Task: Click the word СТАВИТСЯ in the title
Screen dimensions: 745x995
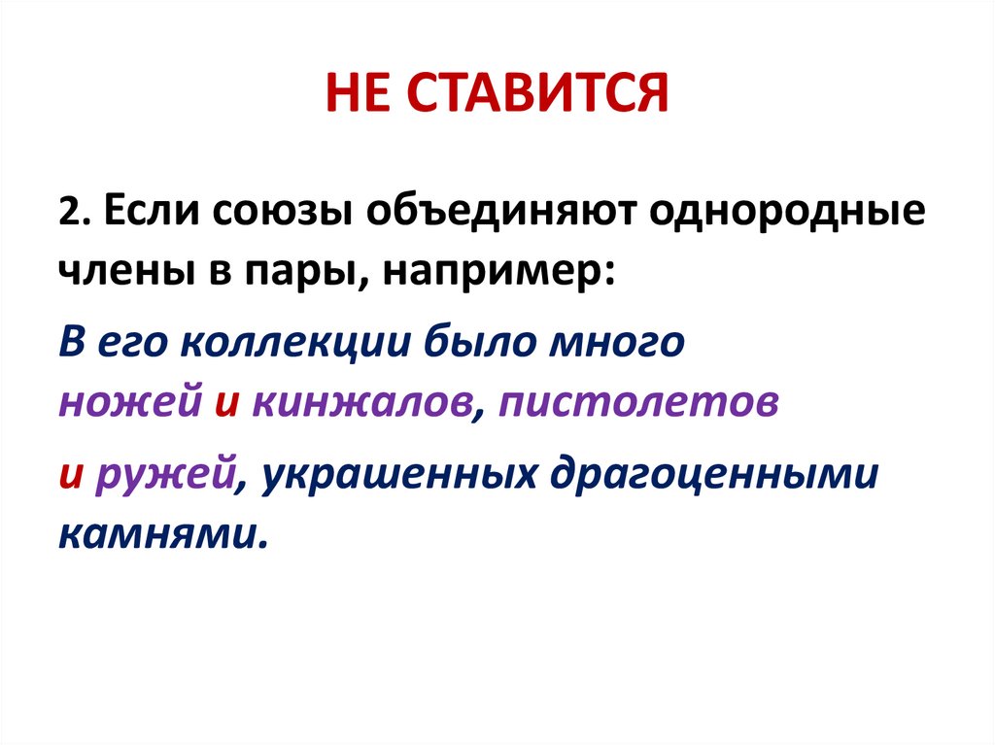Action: tap(537, 95)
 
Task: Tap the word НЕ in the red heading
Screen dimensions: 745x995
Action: tap(358, 95)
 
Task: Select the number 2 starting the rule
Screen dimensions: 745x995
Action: tap(67, 214)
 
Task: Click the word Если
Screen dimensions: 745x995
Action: tap(141, 214)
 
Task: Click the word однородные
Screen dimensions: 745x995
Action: tap(789, 214)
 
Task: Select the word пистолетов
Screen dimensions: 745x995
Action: tap(637, 404)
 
